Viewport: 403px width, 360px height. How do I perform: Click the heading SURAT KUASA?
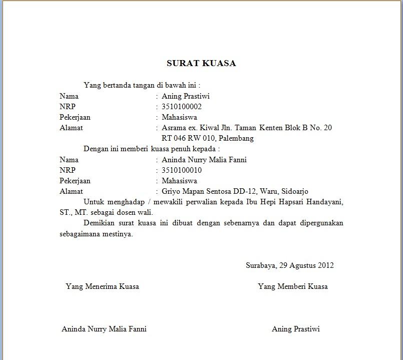201,64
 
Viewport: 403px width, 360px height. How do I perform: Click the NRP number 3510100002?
182,107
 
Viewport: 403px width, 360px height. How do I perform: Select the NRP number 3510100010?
182,170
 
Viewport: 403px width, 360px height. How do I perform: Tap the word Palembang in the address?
236,138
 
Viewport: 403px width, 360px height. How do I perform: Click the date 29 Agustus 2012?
306,265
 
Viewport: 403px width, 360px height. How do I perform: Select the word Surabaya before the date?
261,265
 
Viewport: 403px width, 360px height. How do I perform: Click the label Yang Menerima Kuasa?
102,286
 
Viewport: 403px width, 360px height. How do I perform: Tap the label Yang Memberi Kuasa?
293,286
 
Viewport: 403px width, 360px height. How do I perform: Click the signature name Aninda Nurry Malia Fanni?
104,329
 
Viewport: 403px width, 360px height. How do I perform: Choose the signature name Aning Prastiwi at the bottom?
295,329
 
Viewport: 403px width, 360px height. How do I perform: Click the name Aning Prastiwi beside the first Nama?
185,96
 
